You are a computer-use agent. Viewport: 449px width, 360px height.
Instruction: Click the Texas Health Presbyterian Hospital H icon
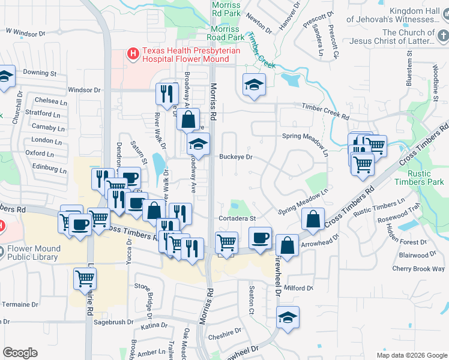click(x=133, y=55)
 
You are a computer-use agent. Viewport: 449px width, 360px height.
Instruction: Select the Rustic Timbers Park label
click(x=427, y=178)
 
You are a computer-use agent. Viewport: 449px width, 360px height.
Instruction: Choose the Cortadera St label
click(x=237, y=218)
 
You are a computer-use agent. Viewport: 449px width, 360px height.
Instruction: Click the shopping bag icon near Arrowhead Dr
click(x=288, y=245)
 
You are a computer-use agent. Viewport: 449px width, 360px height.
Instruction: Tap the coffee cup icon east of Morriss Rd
click(x=260, y=238)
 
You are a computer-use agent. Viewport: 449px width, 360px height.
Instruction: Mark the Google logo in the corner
click(x=20, y=353)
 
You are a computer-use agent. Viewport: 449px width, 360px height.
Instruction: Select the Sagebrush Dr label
click(x=113, y=322)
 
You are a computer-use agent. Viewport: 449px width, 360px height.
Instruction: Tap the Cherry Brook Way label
click(x=418, y=269)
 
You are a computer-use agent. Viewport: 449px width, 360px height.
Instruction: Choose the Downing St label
click(x=39, y=73)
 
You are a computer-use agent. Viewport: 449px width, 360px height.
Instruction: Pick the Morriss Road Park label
click(x=226, y=33)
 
